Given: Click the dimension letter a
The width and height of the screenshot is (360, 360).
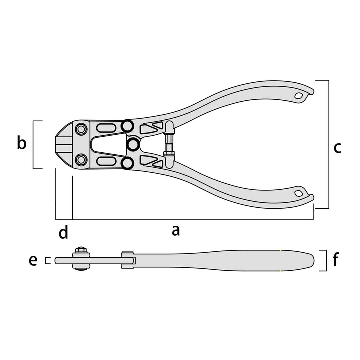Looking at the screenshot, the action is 176,231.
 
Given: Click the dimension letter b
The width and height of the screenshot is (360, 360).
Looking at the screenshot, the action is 22,143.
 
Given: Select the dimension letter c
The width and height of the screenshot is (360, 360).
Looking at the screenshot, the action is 337,148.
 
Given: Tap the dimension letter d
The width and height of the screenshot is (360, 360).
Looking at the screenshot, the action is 63,232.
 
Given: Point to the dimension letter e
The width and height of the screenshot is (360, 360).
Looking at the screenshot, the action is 33,260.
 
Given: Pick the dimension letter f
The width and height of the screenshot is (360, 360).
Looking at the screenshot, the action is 336,259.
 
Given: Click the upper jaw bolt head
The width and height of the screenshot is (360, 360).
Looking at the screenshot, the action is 81,129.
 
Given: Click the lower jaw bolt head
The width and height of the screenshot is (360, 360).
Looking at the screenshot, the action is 81,160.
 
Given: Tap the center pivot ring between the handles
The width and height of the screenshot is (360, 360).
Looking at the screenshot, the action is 133,144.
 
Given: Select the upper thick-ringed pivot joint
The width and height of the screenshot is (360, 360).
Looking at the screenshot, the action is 127,126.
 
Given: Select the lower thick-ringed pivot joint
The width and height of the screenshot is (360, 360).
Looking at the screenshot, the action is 127,163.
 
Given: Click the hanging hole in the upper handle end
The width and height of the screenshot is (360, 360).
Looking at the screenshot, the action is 298,96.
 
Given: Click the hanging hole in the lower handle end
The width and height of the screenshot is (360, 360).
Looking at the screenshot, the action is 298,194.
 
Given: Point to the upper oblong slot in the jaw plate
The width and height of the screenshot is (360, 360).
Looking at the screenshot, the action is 106,128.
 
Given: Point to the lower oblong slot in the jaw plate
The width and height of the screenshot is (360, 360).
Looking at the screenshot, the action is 106,161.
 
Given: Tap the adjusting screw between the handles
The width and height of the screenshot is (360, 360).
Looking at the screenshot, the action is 169,145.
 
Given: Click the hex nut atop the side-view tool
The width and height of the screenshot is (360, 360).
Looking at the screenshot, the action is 81,250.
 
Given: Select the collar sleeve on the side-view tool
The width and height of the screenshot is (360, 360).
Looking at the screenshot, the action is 127,260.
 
